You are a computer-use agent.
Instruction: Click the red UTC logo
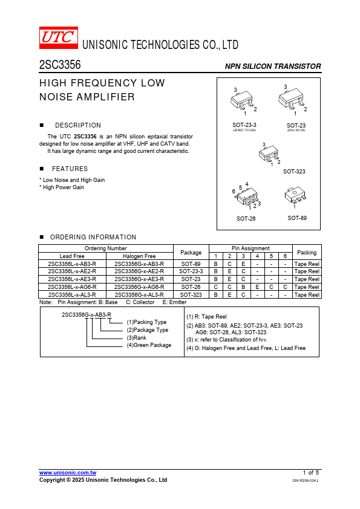[x=59, y=37]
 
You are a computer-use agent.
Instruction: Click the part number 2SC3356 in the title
[x=60, y=65]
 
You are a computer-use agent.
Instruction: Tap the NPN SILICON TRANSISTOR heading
[x=273, y=66]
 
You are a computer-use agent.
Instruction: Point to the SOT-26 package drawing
[x=246, y=196]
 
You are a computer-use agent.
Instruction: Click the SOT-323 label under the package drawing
[x=294, y=172]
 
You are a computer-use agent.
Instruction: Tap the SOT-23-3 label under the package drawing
[x=244, y=125]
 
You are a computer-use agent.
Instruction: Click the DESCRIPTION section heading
[x=78, y=125]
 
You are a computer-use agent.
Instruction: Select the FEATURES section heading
[x=70, y=169]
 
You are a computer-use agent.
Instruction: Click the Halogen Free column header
[x=139, y=256]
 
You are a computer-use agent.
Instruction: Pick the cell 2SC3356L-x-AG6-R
[x=72, y=287]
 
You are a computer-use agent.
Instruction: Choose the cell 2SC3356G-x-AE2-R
[x=139, y=271]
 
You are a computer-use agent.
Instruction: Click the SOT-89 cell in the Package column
[x=191, y=264]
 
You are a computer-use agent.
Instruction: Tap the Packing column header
[x=307, y=252]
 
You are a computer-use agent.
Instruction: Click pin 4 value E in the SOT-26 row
[x=257, y=287]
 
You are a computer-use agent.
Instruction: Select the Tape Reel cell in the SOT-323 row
[x=307, y=295]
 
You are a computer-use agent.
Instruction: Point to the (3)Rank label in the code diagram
[x=137, y=337]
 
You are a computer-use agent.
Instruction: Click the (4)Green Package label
[x=149, y=345]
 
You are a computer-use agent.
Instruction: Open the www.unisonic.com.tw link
[x=68, y=473]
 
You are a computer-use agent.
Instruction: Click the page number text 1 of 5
[x=311, y=473]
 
